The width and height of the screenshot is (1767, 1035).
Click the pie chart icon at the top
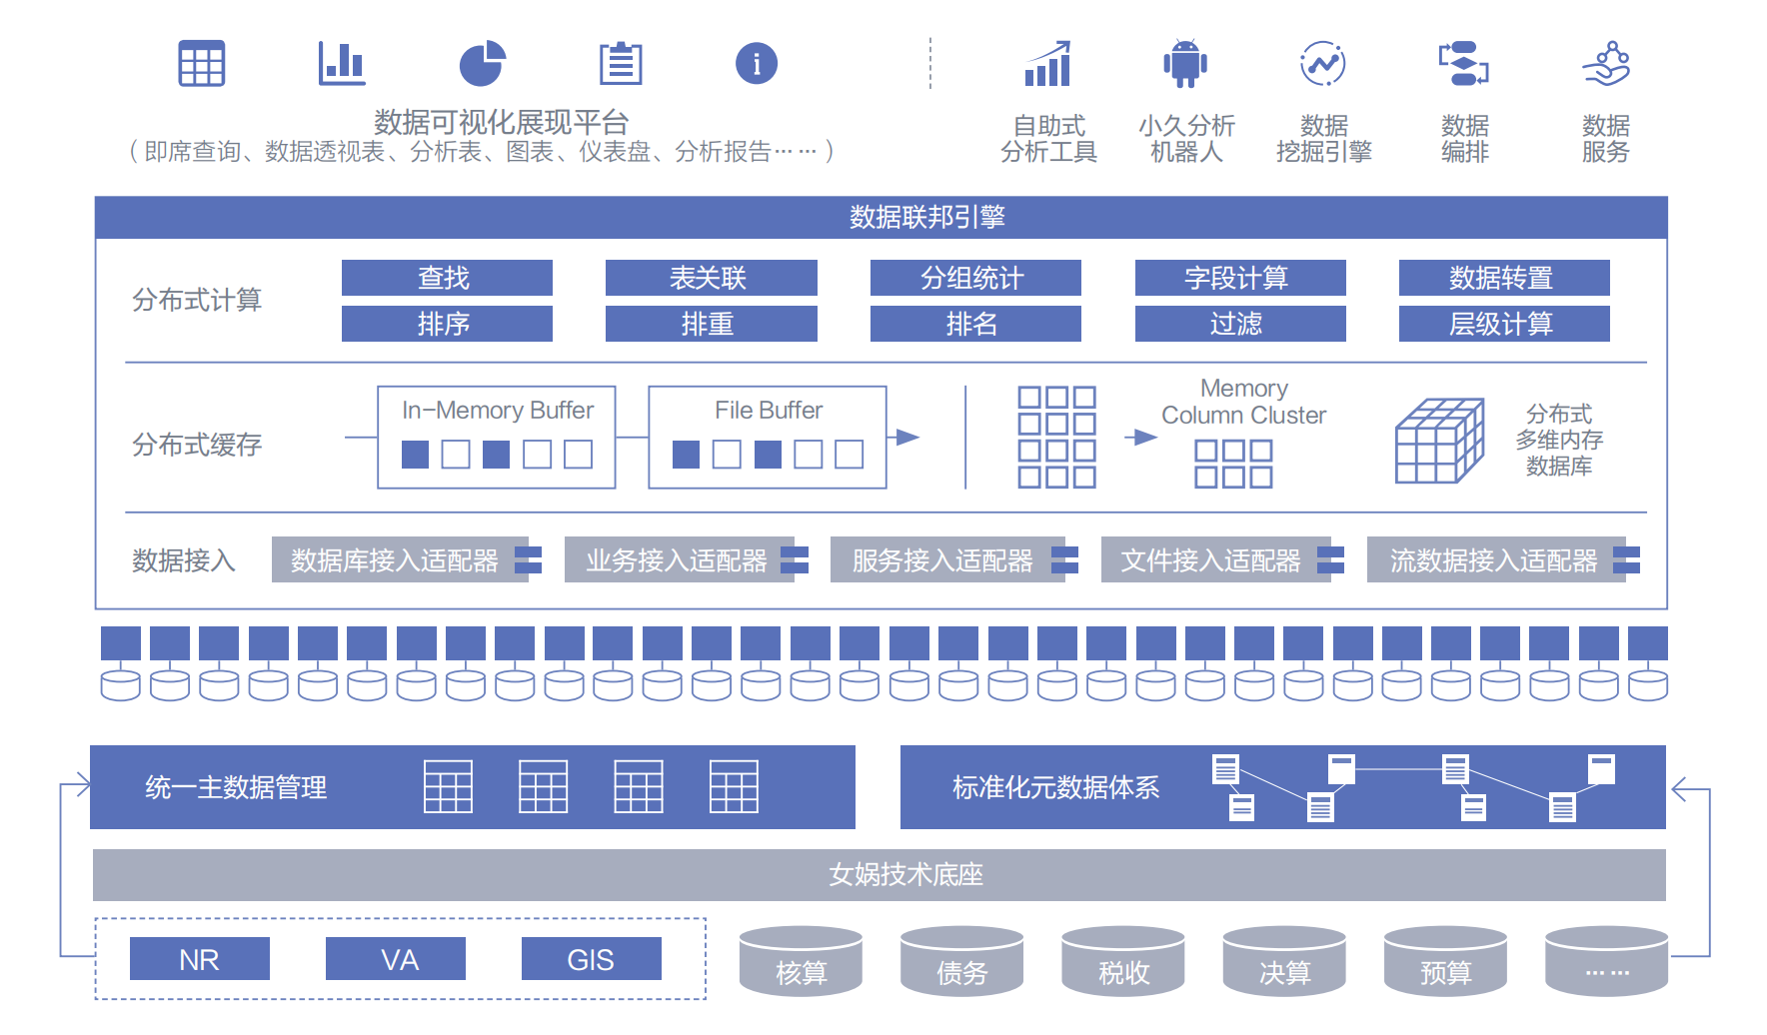pyautogui.click(x=482, y=64)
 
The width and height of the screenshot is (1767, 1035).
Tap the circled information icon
pyautogui.click(x=757, y=64)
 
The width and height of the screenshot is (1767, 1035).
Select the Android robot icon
pyautogui.click(x=1185, y=64)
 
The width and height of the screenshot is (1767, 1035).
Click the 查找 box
pyautogui.click(x=447, y=278)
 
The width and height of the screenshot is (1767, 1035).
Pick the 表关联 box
pyautogui.click(x=711, y=278)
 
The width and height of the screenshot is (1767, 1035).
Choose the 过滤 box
pyautogui.click(x=1239, y=324)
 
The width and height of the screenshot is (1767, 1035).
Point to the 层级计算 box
pyautogui.click(x=1503, y=324)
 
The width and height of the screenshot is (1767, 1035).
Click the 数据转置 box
pyautogui.click(x=1503, y=278)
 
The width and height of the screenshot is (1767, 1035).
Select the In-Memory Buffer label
pyautogui.click(x=497, y=411)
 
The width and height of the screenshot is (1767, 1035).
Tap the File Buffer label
pyautogui.click(x=768, y=411)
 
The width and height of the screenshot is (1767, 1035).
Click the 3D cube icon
pyautogui.click(x=1438, y=442)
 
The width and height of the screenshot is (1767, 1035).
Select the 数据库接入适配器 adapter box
pyautogui.click(x=396, y=560)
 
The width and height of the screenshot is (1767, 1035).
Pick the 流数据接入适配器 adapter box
pyautogui.click(x=1494, y=560)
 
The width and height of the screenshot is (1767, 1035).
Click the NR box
pyautogui.click(x=199, y=959)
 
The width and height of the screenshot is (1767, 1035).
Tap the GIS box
pyautogui.click(x=591, y=959)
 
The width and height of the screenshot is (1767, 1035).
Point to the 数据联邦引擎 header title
pyautogui.click(x=926, y=217)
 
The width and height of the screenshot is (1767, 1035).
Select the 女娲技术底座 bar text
pyautogui.click(x=905, y=875)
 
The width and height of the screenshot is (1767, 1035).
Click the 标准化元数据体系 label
pyautogui.click(x=1055, y=787)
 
